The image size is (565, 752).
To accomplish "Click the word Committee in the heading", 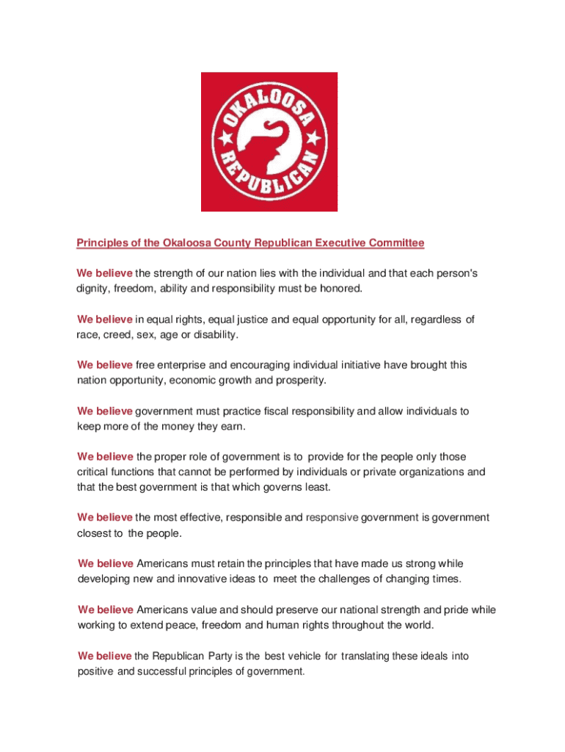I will coord(395,242).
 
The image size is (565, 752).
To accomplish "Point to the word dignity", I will coord(92,289).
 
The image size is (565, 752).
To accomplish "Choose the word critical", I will coord(92,471).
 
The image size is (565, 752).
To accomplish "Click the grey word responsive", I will coord(332,518).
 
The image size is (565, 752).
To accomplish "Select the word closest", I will coord(94,533).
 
